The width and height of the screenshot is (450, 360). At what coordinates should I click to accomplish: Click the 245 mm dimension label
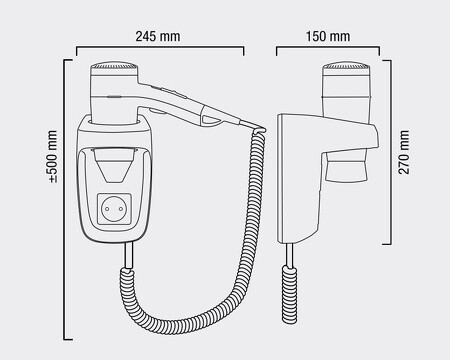tap(158, 36)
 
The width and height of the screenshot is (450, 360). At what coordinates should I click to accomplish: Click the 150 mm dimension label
tap(328, 36)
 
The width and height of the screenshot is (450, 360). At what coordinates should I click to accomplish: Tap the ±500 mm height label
tap(53, 156)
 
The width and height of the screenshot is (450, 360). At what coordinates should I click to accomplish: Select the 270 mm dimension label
tap(404, 152)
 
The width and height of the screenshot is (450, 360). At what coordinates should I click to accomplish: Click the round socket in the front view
tap(114, 209)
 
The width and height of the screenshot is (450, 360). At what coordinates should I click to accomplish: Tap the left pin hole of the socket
tap(107, 209)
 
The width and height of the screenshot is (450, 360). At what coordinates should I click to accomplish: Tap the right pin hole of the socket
tap(121, 209)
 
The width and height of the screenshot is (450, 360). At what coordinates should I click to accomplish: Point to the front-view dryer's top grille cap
tap(114, 65)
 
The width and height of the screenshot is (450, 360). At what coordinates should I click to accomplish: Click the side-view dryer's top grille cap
tap(347, 65)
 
